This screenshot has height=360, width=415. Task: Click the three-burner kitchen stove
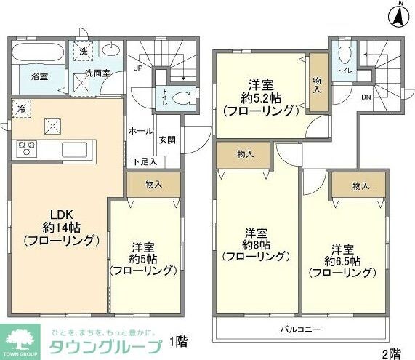[27, 149]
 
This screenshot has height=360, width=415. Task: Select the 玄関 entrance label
[166, 140]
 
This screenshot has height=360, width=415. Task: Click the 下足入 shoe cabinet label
[142, 161]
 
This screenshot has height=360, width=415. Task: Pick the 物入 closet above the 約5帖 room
[153, 184]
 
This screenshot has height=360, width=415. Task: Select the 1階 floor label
[177, 340]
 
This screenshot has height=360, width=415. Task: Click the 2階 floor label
[392, 353]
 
